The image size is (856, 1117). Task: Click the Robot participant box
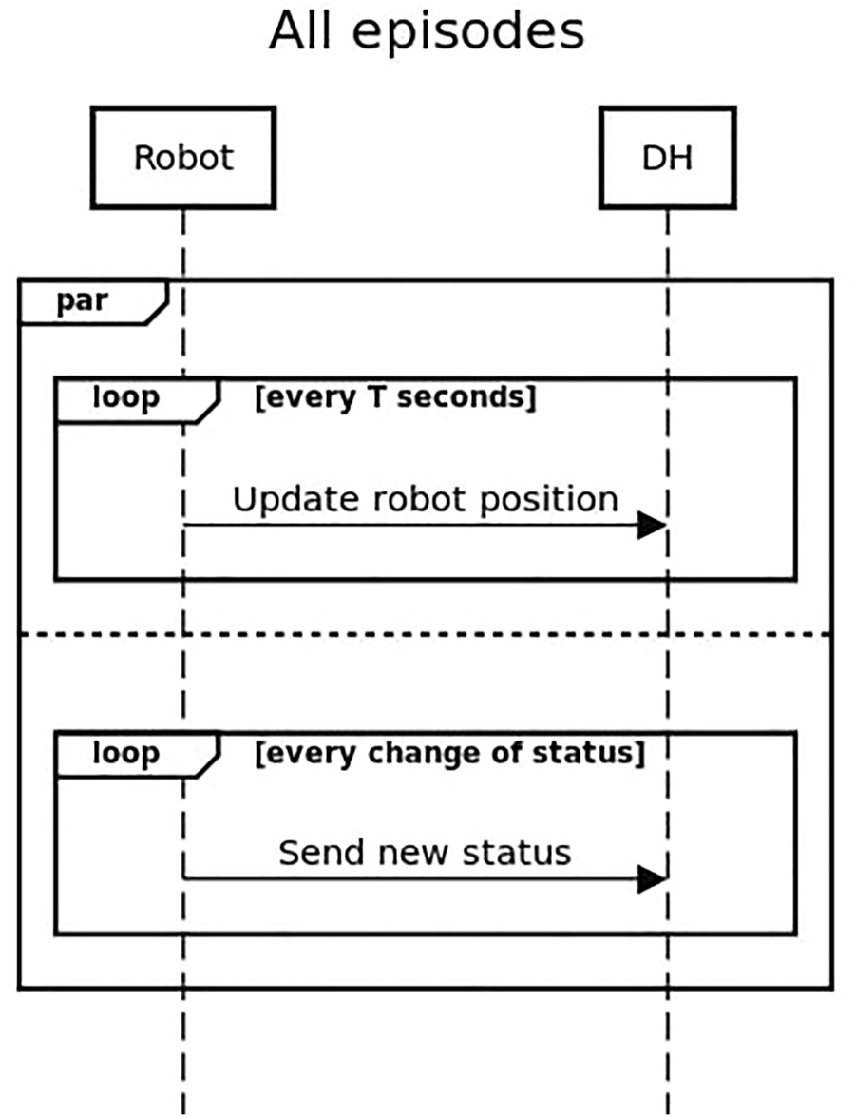tap(183, 158)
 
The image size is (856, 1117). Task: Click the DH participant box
tap(667, 158)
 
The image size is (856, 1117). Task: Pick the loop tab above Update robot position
tap(126, 398)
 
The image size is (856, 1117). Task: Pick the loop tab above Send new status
tap(126, 754)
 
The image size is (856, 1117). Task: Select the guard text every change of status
tap(450, 753)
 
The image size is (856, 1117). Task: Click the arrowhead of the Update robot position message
tap(652, 525)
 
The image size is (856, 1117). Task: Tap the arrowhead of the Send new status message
tap(652, 879)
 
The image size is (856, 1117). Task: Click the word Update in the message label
tap(283, 501)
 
